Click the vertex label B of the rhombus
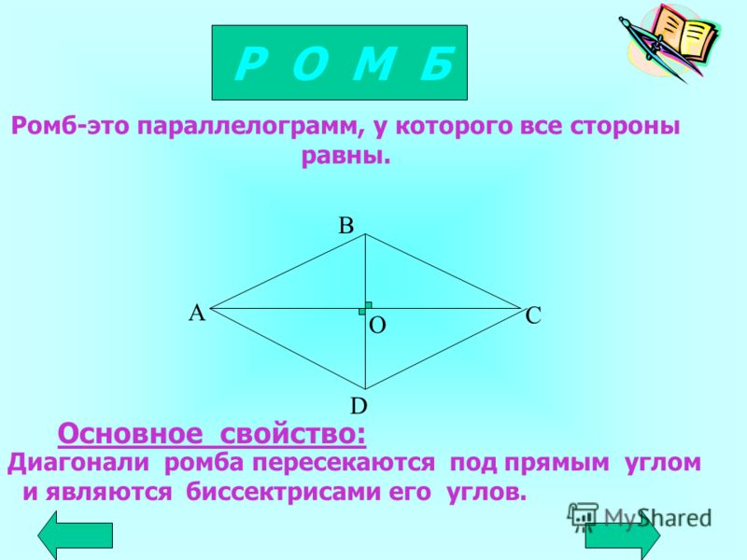[x=345, y=225]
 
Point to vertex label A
[x=197, y=314]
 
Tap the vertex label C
[x=533, y=315]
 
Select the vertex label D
[x=359, y=406]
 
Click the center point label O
[x=377, y=326]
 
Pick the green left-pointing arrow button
[x=76, y=535]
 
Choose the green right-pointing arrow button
[x=623, y=535]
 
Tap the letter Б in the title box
[x=437, y=64]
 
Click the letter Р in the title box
[x=248, y=64]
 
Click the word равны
[x=345, y=156]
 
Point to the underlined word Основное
[x=130, y=434]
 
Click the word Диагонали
[x=78, y=462]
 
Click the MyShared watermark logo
[x=640, y=518]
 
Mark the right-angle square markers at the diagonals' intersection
[x=365, y=309]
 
